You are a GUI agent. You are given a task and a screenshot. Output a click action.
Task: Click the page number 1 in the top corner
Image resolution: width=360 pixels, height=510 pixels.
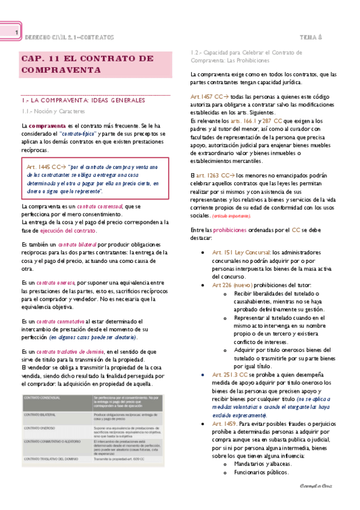pyautogui.click(x=16, y=32)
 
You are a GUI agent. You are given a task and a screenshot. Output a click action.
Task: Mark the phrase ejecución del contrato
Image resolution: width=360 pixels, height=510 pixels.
pyautogui.click(x=68, y=230)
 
